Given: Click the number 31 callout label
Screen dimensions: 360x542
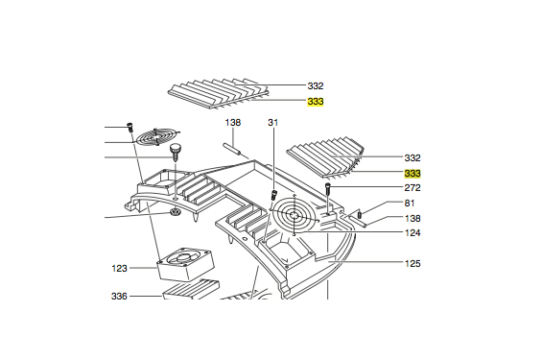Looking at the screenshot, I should click(x=272, y=123).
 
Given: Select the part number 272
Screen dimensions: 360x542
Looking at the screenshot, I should click(x=412, y=188).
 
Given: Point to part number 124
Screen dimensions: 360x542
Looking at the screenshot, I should click(x=412, y=233).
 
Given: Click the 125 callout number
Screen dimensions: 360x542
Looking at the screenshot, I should click(x=412, y=263).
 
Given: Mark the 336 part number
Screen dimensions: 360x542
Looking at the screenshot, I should click(x=119, y=297).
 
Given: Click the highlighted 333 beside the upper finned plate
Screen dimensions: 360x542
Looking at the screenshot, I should click(x=316, y=101).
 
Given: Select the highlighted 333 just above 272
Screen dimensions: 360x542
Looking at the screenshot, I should click(x=412, y=174).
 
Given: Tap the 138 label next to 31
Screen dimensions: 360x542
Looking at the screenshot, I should click(x=233, y=123).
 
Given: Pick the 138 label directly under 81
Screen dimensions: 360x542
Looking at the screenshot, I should click(x=412, y=219).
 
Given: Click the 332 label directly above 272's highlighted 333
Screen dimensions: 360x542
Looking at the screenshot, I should click(x=412, y=157).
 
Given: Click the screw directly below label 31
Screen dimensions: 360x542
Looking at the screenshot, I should click(x=273, y=195).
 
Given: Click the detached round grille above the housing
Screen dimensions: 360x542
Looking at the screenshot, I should click(x=156, y=138).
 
